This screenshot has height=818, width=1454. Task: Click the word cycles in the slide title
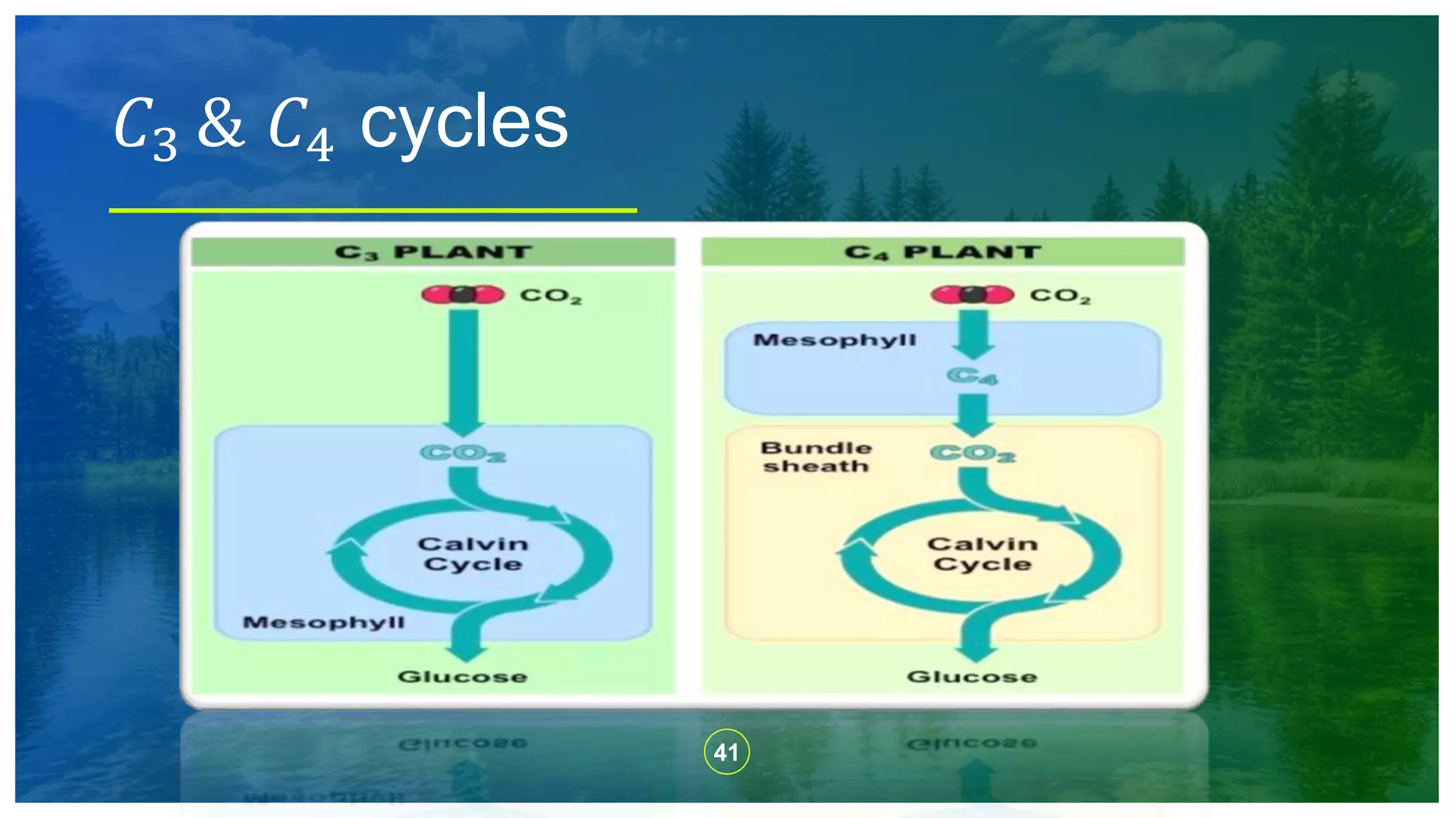464,124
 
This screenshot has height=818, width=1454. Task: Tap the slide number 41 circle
726,751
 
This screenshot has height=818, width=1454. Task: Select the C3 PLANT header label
433,252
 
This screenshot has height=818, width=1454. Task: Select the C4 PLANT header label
943,252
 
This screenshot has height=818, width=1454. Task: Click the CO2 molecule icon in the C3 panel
462,294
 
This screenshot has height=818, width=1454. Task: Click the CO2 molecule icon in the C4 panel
972,294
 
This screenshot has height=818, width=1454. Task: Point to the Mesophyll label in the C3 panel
324,623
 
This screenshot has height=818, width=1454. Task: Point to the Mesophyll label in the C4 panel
835,340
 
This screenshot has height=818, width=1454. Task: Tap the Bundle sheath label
816,457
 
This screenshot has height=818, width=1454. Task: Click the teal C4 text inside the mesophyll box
972,376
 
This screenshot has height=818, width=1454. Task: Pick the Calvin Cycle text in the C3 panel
473,554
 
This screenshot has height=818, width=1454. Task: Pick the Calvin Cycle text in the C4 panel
983,554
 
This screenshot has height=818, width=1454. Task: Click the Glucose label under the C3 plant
462,677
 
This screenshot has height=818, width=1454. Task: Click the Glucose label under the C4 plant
972,677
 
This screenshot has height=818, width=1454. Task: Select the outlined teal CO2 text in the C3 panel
463,453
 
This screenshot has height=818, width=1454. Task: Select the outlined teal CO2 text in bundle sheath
973,453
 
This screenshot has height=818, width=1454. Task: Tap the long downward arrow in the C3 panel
464,369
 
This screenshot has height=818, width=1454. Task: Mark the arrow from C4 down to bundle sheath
973,414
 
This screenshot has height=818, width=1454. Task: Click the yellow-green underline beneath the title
373,210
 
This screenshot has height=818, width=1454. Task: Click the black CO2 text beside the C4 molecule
1060,295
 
